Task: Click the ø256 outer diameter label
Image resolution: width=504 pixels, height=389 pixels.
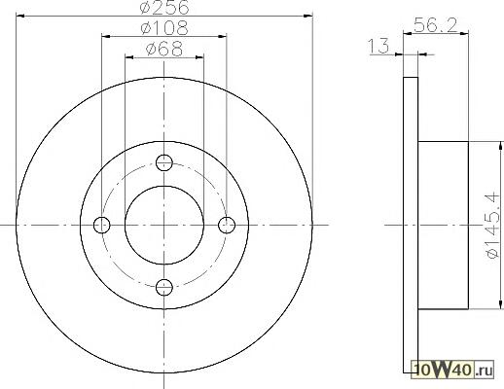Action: pyautogui.click(x=164, y=8)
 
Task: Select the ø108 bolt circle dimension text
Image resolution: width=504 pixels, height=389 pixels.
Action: pyautogui.click(x=164, y=28)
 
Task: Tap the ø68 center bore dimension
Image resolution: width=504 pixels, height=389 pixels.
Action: pyautogui.click(x=164, y=49)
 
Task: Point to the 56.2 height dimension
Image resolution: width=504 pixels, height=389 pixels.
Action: pyautogui.click(x=436, y=25)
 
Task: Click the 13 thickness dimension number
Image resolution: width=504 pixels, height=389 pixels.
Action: pyautogui.click(x=378, y=46)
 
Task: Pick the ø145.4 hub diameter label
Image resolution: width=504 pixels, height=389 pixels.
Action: pyautogui.click(x=492, y=226)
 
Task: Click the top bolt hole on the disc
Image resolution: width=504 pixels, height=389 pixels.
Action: pyautogui.click(x=164, y=162)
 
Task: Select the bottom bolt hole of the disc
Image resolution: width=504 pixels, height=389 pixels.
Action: pyautogui.click(x=164, y=287)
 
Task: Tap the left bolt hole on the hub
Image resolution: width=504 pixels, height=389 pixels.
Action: pyautogui.click(x=102, y=225)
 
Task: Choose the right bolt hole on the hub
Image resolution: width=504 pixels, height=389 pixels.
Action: pyautogui.click(x=227, y=225)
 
